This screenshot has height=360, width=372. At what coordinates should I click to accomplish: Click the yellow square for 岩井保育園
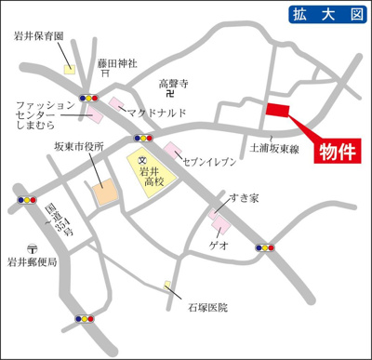[x=69, y=68]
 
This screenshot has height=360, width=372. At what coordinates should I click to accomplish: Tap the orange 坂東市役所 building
[x=104, y=191]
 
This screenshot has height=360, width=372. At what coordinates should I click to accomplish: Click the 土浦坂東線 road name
[x=276, y=147]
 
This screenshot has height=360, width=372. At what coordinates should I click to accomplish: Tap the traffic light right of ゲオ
[x=266, y=247]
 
